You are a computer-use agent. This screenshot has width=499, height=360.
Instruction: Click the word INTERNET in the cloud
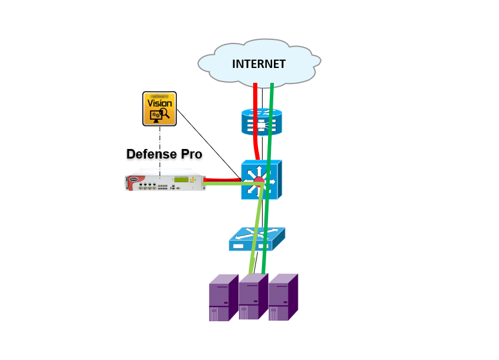(258, 64)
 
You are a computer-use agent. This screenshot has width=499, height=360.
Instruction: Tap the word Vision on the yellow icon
(159, 103)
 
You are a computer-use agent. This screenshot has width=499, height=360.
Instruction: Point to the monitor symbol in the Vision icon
(155, 115)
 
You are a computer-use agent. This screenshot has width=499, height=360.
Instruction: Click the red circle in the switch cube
(258, 182)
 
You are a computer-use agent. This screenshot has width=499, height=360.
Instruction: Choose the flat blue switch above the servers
(258, 240)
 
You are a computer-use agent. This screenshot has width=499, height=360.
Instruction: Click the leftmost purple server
(223, 300)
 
